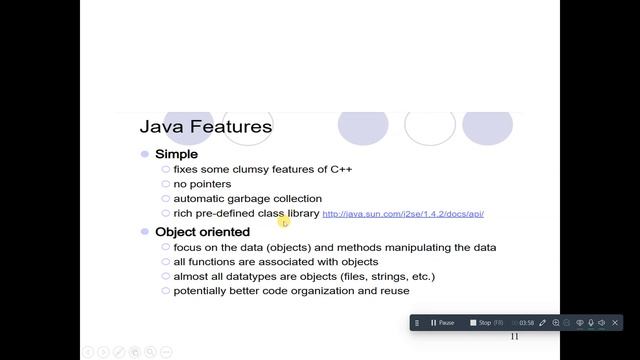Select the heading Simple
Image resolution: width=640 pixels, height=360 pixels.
[x=176, y=154]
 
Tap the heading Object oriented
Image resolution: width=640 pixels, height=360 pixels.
[x=202, y=232]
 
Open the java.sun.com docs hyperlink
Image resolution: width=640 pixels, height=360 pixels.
[x=403, y=214]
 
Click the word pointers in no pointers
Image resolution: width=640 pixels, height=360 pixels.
[x=210, y=184]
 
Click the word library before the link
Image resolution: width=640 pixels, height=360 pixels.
[x=301, y=213]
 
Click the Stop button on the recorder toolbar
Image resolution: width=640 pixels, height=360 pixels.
[x=480, y=323]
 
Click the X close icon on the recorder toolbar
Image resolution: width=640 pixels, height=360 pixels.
[x=615, y=323]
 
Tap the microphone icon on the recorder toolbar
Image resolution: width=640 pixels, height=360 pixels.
[x=591, y=323]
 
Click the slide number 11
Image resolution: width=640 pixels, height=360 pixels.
[x=514, y=337]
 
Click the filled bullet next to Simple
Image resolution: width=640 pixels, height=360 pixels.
[x=145, y=154]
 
